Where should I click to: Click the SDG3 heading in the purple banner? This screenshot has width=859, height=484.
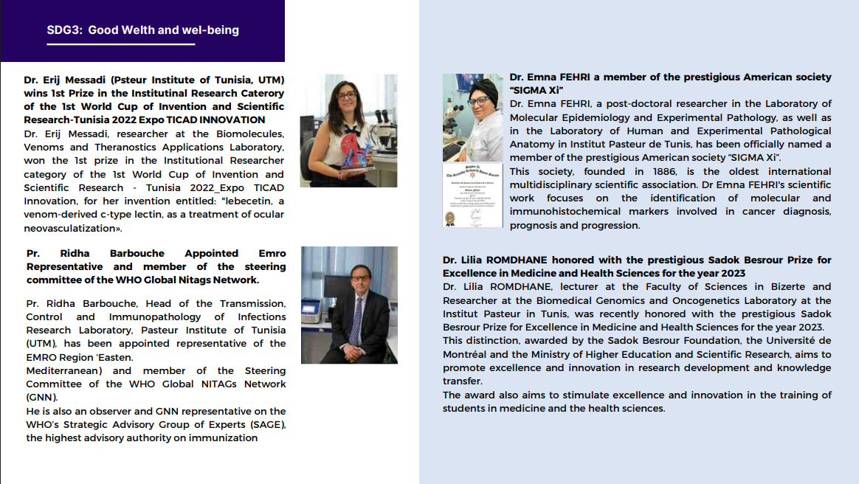(142, 30)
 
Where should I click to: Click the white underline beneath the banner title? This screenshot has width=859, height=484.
(121, 44)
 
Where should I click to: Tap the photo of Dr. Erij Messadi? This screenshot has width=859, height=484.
(348, 131)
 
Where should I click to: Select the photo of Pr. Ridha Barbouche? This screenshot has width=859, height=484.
(349, 305)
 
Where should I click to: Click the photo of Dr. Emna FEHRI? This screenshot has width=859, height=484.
(472, 117)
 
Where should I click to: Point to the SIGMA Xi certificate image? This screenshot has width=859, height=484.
(472, 196)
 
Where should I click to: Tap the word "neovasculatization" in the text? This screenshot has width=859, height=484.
(70, 228)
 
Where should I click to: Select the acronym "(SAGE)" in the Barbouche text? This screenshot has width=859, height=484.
(266, 424)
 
